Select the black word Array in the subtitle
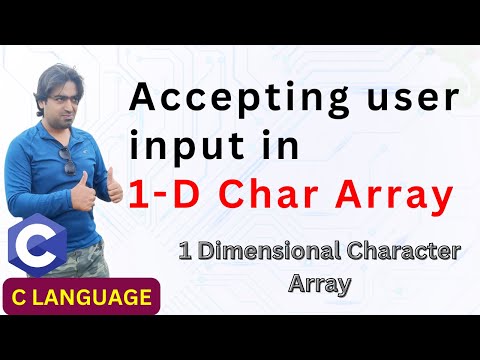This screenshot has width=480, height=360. point(317,283)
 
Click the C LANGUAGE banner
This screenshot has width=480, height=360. point(84,297)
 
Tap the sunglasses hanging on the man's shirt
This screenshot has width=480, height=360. point(69,160)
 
